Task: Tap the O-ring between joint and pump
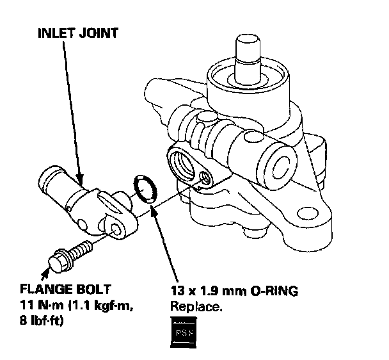[x=145, y=188]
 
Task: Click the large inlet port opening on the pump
[x=184, y=163]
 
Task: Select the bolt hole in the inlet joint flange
[x=115, y=229]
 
